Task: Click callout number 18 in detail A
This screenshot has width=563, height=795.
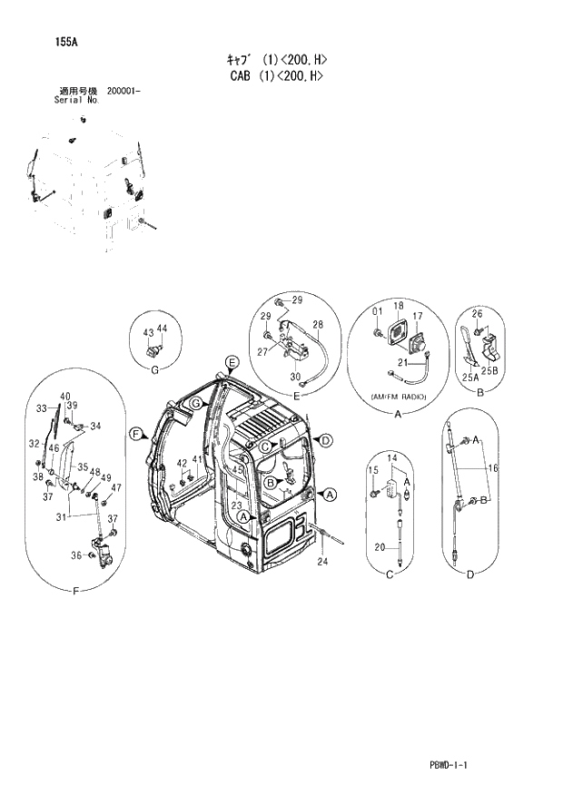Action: pos(398,306)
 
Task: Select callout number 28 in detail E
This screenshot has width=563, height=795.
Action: pos(319,324)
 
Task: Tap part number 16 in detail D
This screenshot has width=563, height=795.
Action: pos(493,468)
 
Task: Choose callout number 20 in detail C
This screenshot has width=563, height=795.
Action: pos(380,547)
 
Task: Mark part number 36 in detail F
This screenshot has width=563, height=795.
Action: pos(75,555)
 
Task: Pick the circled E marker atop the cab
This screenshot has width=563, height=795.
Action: pos(232,363)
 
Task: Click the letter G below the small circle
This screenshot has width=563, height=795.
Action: pos(154,369)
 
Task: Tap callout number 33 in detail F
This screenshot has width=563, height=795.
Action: pos(41,409)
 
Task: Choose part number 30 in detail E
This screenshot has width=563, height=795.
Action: pos(295,378)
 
